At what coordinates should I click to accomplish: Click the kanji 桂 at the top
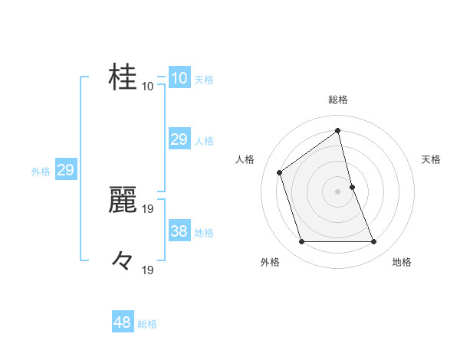tap(123, 77)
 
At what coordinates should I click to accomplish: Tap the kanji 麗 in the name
tap(123, 199)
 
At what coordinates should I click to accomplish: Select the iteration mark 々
tap(123, 260)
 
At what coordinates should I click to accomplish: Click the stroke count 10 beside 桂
tap(147, 87)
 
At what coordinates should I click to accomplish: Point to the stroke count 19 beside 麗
tap(148, 208)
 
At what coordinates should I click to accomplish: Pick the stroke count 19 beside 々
tap(148, 270)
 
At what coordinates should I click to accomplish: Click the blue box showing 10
tap(179, 78)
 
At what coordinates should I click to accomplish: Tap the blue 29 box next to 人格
tap(179, 139)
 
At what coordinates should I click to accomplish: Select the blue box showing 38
tap(179, 231)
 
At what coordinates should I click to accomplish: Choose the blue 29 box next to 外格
tap(65, 170)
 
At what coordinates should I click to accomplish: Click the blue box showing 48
tap(123, 322)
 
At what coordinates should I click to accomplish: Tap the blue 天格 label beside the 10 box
tap(204, 79)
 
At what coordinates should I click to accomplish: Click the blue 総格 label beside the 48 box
tap(147, 324)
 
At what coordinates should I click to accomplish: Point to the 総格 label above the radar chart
tap(337, 100)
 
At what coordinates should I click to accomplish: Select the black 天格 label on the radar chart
tap(431, 159)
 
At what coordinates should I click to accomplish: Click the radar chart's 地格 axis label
tap(402, 262)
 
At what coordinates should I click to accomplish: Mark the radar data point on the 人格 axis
tap(280, 172)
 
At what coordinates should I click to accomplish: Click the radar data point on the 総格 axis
tap(337, 131)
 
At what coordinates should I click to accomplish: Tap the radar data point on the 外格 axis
tap(301, 242)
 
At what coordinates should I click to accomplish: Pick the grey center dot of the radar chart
tap(337, 191)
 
